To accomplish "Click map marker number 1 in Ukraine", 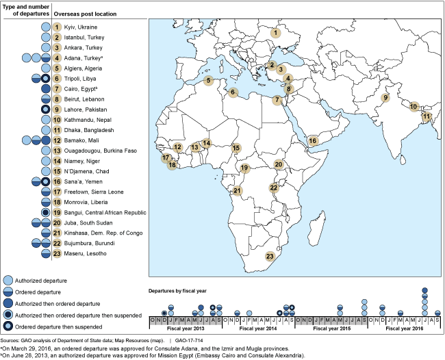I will [x=276, y=32].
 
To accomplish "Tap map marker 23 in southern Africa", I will [x=270, y=257].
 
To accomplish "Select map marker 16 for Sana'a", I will [x=312, y=141].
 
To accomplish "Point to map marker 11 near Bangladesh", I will [x=426, y=116].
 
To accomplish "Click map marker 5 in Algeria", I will [x=209, y=80].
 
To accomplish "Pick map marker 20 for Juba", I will [x=279, y=164].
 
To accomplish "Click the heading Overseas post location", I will [x=84, y=14].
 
